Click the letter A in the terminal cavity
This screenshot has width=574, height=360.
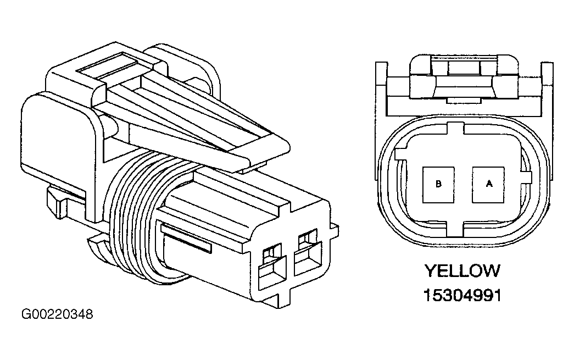489,184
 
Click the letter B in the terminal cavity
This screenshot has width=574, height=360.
438,184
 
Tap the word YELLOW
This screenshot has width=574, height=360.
462,271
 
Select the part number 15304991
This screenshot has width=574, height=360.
462,295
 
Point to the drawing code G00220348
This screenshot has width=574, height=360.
57,314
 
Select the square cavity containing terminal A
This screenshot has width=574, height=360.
488,185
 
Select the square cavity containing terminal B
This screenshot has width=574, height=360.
438,185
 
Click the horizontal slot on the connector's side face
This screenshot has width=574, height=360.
187,239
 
